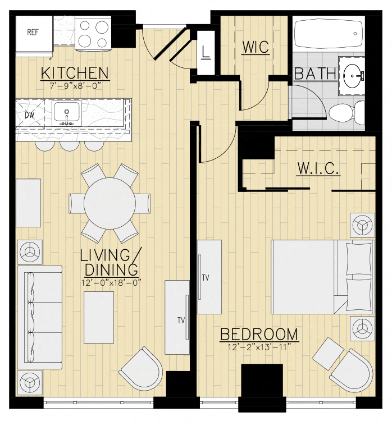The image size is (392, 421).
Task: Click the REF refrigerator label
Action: (x=33, y=32)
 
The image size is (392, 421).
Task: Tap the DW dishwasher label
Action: (x=30, y=116)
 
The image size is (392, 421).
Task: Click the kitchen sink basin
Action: (x=67, y=112)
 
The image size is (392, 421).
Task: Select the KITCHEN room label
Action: (x=75, y=73)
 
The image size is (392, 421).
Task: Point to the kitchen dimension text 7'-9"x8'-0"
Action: (x=75, y=86)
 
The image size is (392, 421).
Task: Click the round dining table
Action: (x=110, y=203)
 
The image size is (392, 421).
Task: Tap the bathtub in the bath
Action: (x=329, y=34)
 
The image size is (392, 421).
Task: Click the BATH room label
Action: (x=315, y=74)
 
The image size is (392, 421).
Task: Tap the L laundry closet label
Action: (x=206, y=52)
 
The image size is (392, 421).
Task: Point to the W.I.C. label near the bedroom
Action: (x=318, y=168)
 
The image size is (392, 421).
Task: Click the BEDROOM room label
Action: (x=259, y=335)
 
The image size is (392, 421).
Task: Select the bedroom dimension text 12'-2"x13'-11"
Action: (x=259, y=347)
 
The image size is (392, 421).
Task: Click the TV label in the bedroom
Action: (x=206, y=278)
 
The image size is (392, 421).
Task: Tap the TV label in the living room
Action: (x=181, y=320)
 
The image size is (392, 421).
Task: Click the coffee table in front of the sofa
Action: (x=99, y=317)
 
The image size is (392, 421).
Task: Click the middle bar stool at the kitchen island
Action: (x=70, y=146)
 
